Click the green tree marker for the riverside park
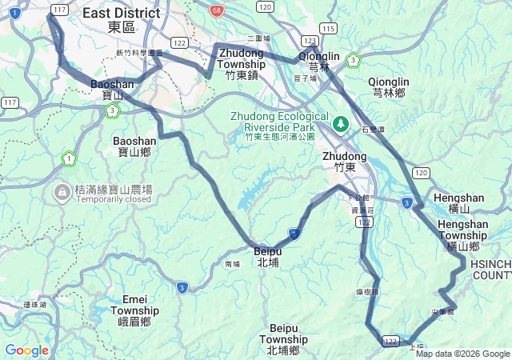[341, 124]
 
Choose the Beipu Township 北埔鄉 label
[283, 339]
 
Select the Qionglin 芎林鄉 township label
[389, 86]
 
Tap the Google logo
[26, 350]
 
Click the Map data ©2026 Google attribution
[462, 354]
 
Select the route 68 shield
[217, 10]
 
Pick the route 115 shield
[326, 28]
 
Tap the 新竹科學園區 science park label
[139, 53]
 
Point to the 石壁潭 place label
[373, 129]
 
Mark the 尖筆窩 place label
[442, 311]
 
